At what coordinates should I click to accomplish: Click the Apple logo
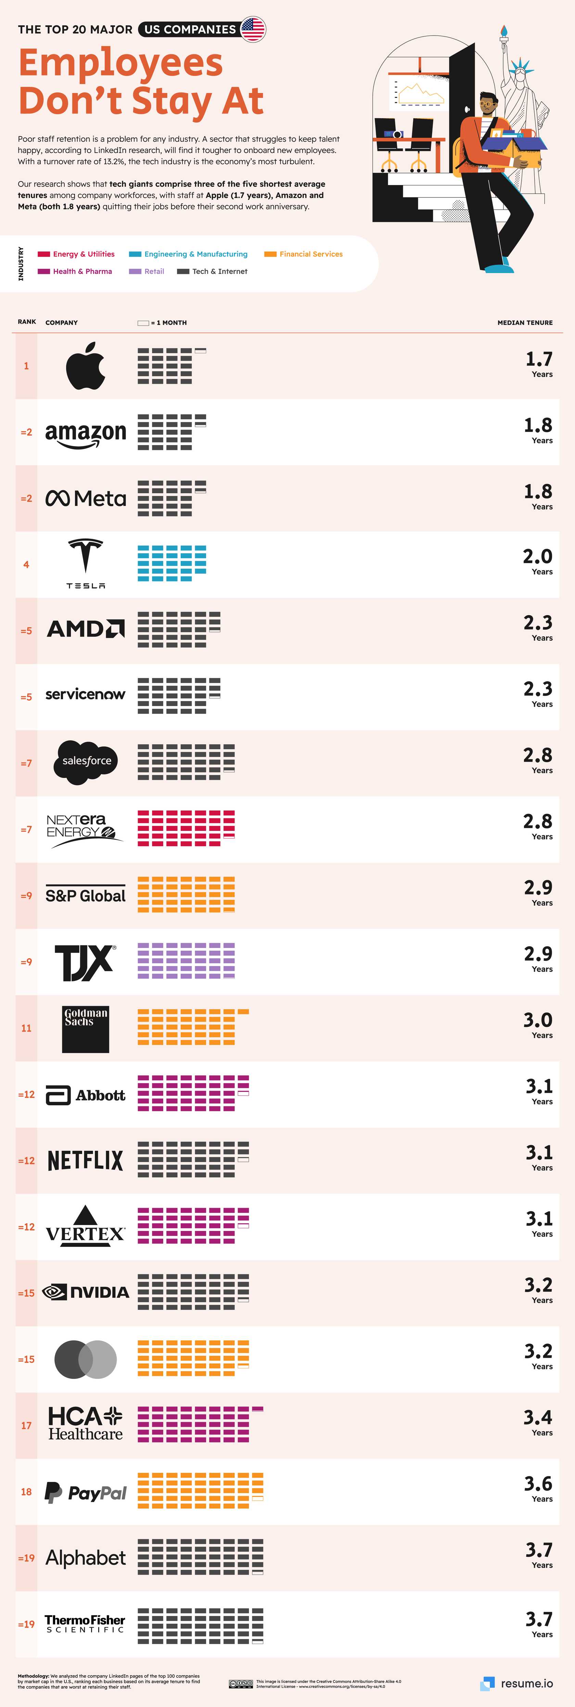click(x=86, y=366)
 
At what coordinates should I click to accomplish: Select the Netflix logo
click(x=86, y=1160)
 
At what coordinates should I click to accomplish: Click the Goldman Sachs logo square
click(x=86, y=1029)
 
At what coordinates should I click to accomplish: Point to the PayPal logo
click(x=86, y=1492)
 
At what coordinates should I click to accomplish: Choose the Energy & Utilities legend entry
click(x=76, y=254)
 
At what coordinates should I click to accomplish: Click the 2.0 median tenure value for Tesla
click(x=537, y=557)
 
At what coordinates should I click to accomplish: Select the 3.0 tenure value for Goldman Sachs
click(x=537, y=1020)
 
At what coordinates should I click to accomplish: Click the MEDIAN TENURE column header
click(x=525, y=323)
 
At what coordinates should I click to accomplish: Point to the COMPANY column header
click(x=62, y=323)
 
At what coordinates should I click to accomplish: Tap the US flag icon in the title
click(x=253, y=29)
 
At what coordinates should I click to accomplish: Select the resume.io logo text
click(x=527, y=1683)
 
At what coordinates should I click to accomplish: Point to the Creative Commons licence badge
click(x=241, y=1683)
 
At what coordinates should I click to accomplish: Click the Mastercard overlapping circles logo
click(x=86, y=1359)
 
